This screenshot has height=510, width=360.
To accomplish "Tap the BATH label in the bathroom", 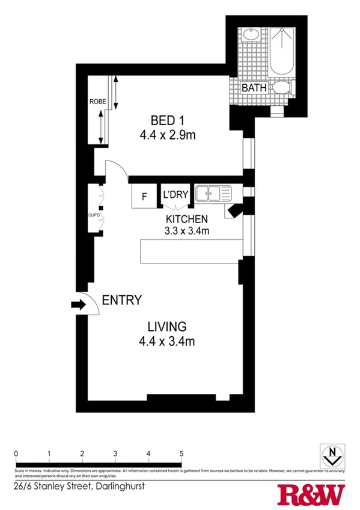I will (x=254, y=88).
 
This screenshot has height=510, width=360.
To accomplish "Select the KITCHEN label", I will (x=187, y=219).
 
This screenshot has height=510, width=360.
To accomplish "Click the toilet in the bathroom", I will (x=281, y=88).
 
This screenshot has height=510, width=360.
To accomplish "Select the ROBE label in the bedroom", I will (x=97, y=102).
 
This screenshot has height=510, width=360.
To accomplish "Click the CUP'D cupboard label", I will (x=93, y=214).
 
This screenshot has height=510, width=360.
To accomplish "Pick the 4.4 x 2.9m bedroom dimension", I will (x=167, y=135).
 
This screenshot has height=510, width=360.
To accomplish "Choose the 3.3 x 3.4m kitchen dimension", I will (x=187, y=231).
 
